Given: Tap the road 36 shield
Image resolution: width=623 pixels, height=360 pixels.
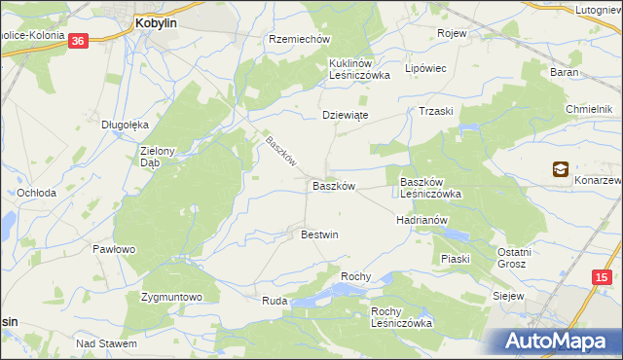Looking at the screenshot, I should [x=79, y=40].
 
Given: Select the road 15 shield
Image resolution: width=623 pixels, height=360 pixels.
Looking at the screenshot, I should [x=603, y=278].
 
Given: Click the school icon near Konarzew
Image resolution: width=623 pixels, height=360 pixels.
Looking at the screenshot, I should [x=561, y=169].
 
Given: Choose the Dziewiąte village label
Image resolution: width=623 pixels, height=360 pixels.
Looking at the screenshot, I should [x=346, y=115].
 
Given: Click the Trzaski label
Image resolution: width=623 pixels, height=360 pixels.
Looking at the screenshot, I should [x=436, y=111].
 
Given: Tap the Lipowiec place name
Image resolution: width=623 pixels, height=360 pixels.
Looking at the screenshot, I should [x=424, y=69].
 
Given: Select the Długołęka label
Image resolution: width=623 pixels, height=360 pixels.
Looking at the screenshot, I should [x=125, y=124].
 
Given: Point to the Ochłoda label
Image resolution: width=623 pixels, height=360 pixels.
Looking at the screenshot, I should [x=37, y=193].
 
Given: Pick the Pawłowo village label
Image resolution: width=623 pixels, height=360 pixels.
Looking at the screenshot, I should [x=113, y=249].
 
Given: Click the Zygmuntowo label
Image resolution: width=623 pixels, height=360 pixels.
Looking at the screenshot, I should [x=170, y=297].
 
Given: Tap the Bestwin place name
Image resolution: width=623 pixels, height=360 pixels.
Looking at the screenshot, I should [x=319, y=234].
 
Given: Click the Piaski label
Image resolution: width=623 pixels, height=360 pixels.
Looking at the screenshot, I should [x=455, y=259].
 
